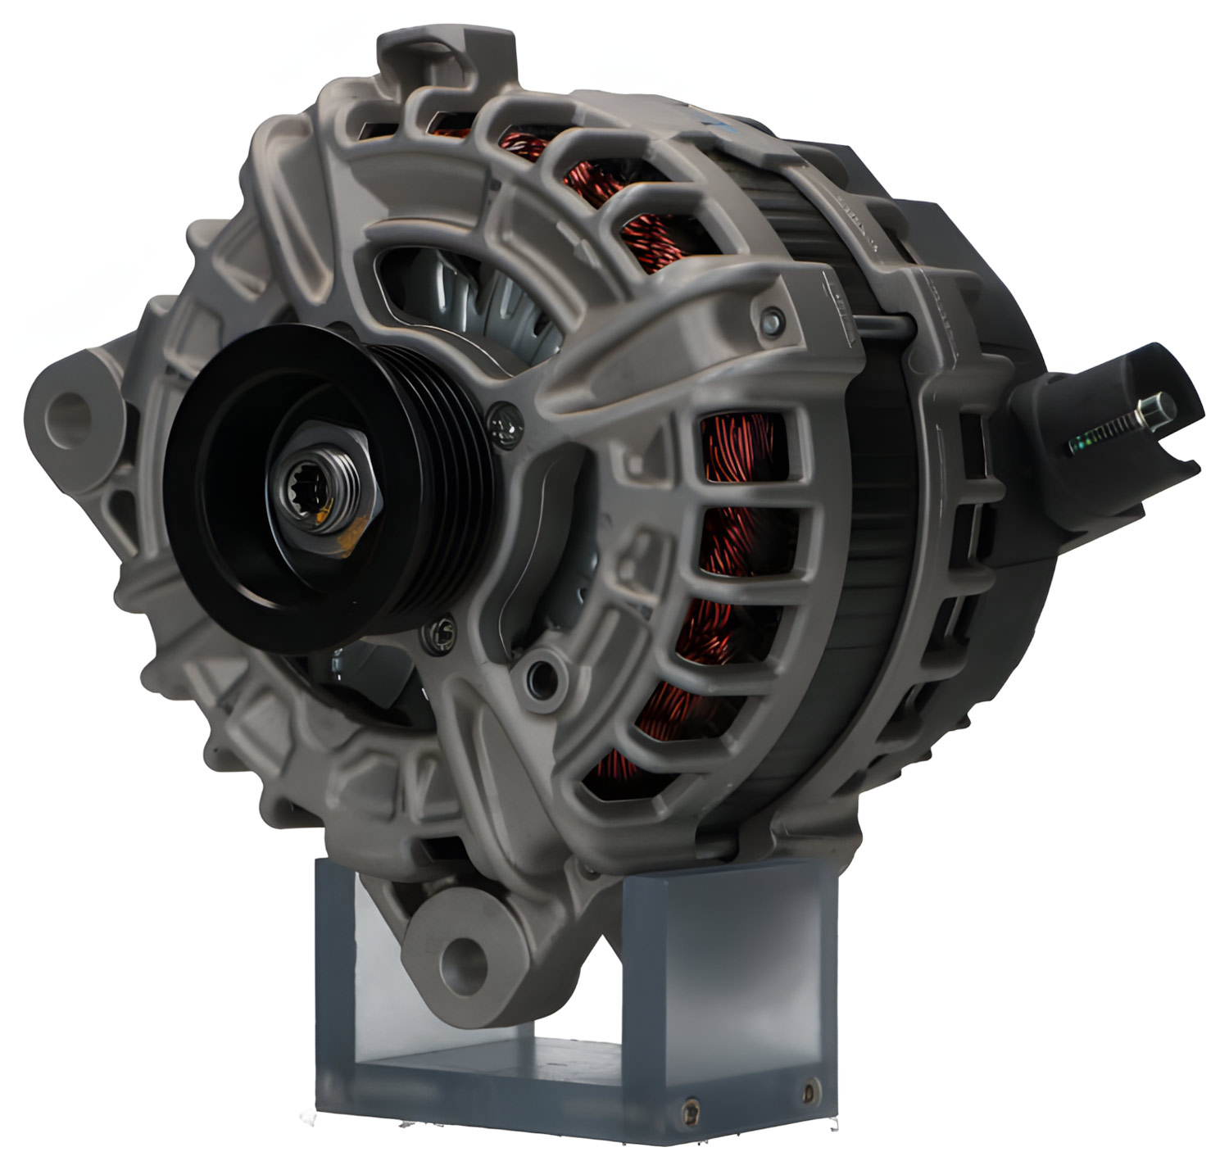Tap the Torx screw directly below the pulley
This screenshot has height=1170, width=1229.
click(x=440, y=632)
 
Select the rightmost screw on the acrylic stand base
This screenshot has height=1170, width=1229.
click(x=810, y=1091)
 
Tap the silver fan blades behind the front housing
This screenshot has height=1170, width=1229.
click(x=492, y=311)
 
